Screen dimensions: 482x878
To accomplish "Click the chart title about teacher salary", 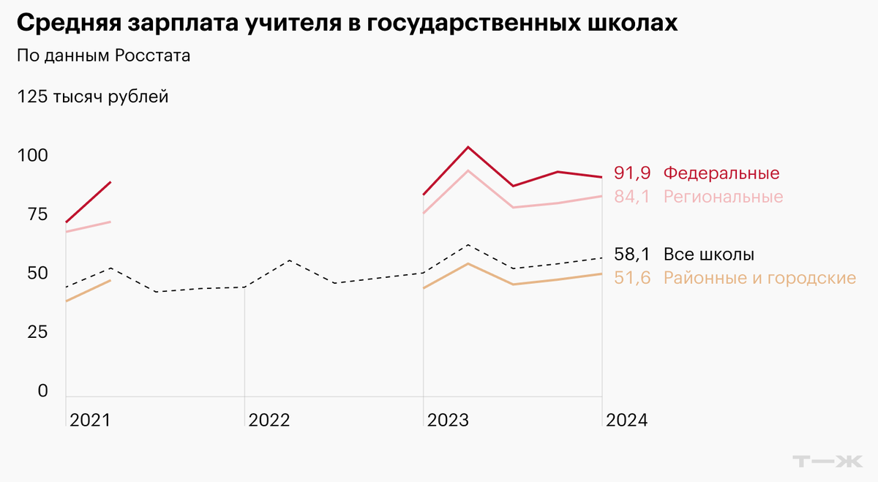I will click(347, 23).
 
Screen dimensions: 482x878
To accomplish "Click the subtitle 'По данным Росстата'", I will click(102, 56).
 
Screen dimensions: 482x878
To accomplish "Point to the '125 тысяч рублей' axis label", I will click(92, 97).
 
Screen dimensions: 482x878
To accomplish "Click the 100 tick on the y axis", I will click(32, 156).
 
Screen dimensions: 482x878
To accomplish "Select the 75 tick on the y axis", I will click(32, 214).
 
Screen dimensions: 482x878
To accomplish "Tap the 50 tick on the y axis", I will click(32, 274).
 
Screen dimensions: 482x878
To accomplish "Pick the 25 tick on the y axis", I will click(32, 332).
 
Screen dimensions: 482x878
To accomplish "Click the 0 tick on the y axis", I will click(42, 391).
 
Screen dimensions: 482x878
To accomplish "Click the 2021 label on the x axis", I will click(90, 421).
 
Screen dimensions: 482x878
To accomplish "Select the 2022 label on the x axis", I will click(269, 421).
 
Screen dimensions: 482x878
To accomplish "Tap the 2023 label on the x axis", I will click(448, 421).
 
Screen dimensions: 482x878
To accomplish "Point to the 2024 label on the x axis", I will click(627, 421).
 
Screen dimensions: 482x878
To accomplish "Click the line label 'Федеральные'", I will click(721, 173).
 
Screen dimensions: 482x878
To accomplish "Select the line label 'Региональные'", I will click(723, 197).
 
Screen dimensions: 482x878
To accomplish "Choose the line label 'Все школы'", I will click(708, 255).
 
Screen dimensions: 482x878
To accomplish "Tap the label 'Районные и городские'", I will click(759, 278).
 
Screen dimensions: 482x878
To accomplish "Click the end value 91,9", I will click(632, 173).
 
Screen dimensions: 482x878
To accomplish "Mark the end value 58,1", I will click(632, 255).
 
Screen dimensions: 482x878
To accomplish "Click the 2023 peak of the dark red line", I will click(468, 147).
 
